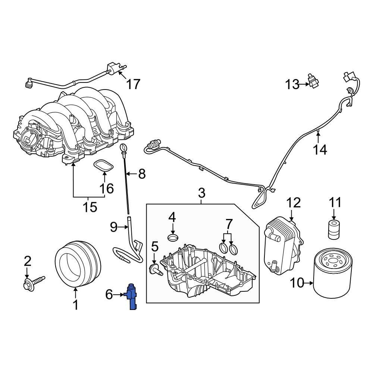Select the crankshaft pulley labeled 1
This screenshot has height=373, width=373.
pos(78,265)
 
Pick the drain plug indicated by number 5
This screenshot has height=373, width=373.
pos(156,269)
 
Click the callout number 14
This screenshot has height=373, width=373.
pos(320,150)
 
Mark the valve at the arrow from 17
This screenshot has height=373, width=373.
pos(112,68)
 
